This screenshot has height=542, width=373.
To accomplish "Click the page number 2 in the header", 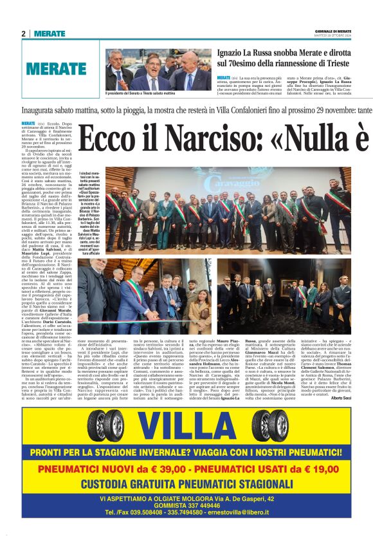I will click(23, 33).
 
